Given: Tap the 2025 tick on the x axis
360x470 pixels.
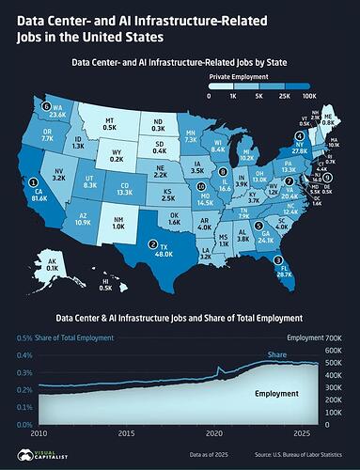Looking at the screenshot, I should point(302,435).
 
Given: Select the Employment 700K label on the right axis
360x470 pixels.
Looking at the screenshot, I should point(317,337).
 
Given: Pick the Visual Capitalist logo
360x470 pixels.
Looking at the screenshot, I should point(36,454).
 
